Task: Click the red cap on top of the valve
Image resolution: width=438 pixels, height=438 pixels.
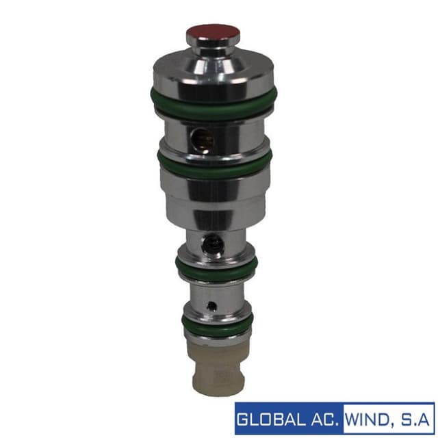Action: pos(213,33)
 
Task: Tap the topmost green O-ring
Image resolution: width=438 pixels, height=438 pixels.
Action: pos(214,104)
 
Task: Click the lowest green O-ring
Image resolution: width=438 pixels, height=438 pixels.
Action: pos(218,325)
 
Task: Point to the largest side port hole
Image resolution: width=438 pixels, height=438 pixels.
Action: pos(203,139)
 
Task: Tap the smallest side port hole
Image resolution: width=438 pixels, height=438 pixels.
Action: pos(212,306)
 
